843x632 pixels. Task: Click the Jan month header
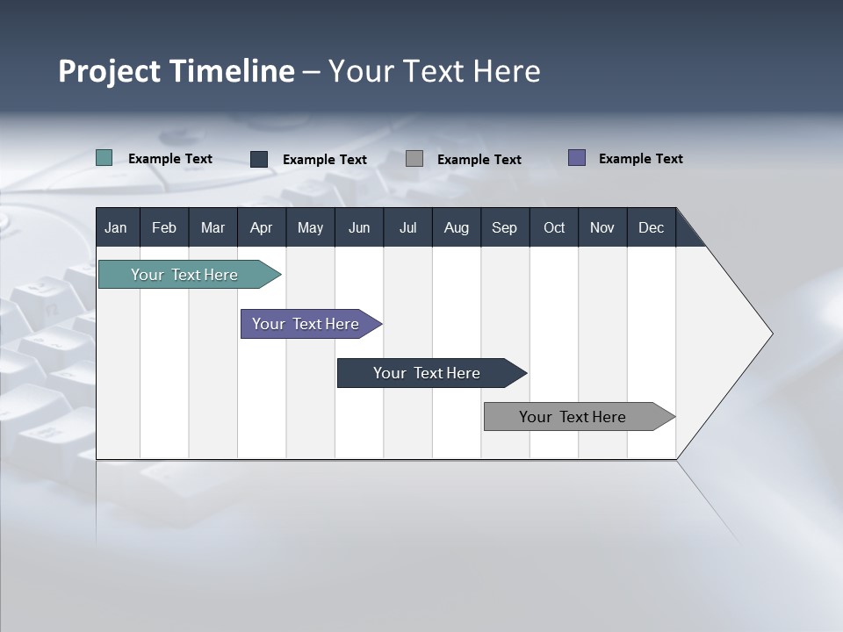pos(117,227)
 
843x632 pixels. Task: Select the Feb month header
pos(164,227)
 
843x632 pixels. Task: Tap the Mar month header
pos(213,227)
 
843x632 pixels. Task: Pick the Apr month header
pos(261,227)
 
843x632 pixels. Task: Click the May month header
pos(310,227)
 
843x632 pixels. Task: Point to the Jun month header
pos(359,227)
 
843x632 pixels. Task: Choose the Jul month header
pos(407,227)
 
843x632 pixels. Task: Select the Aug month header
pos(457,227)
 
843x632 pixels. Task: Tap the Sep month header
pos(505,227)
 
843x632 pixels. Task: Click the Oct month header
pos(554,227)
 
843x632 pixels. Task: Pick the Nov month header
pos(602,227)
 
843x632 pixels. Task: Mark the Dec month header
pos(652,227)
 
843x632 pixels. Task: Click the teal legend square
pos(104,158)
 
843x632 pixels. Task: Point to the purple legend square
pos(577,158)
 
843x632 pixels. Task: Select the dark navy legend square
pos(259,159)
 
